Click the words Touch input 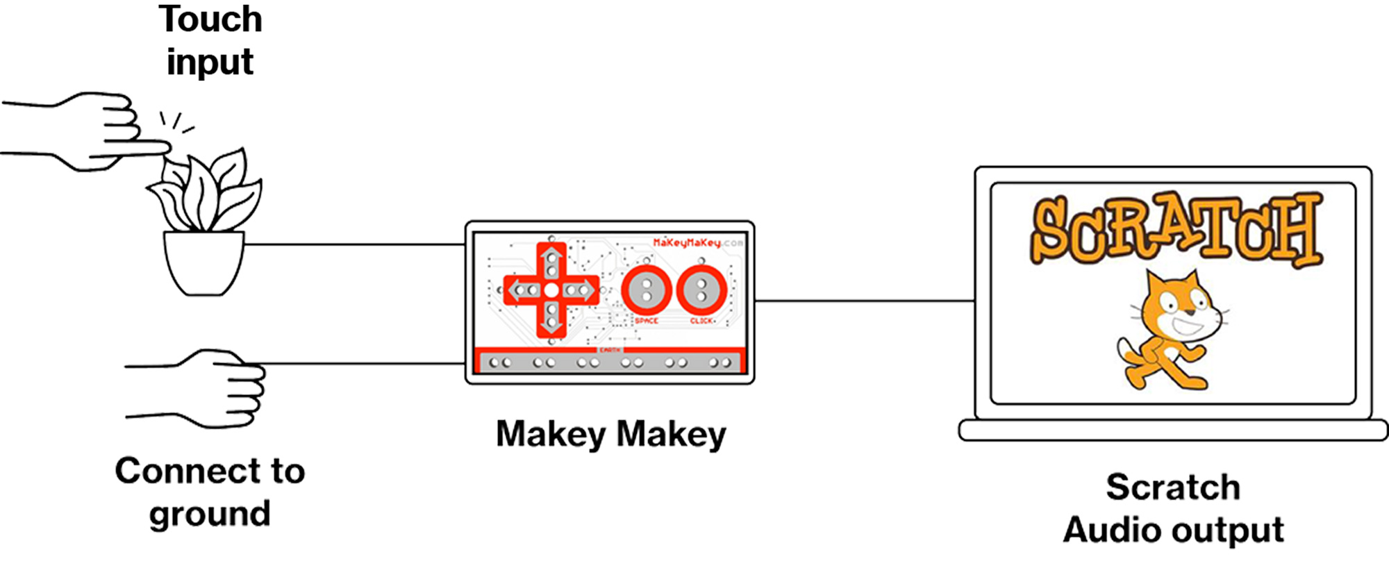click(x=210, y=40)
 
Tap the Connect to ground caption click(x=210, y=492)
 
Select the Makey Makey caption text click(x=610, y=435)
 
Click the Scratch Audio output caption click(x=1173, y=509)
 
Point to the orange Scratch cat click(x=1170, y=330)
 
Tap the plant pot click(x=203, y=263)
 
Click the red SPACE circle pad click(x=646, y=290)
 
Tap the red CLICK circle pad click(x=701, y=290)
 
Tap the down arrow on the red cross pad click(x=551, y=321)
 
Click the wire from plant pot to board click(x=354, y=244)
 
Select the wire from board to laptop click(x=865, y=301)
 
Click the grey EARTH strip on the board click(x=610, y=362)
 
